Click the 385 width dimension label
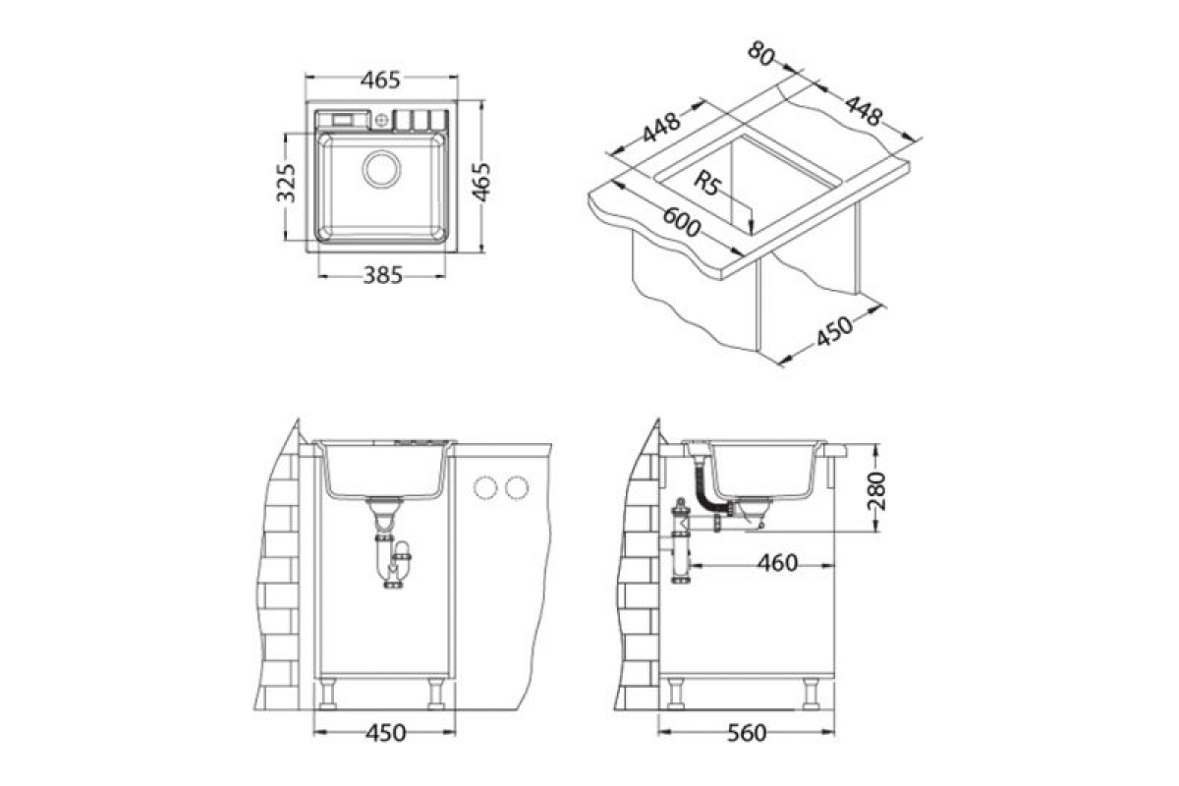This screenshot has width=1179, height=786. tap(382, 275)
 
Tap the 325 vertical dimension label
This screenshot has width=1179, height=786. tap(286, 183)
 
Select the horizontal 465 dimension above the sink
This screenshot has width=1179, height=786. tap(380, 80)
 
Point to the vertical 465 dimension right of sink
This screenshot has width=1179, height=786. tap(480, 182)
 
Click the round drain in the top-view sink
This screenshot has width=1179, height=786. tap(381, 169)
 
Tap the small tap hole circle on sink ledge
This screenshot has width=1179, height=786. tap(381, 121)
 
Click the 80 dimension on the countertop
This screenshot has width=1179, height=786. tap(761, 53)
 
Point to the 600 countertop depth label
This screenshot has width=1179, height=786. tap(682, 222)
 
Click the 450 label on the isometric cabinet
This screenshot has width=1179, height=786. tap(834, 331)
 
